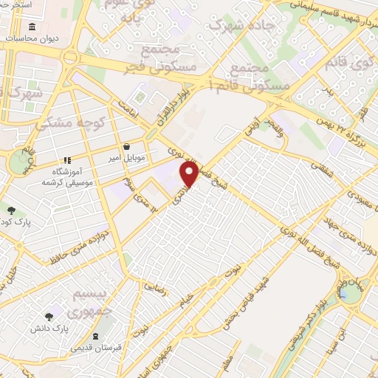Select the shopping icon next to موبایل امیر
[128, 146]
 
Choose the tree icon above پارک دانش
[49, 315]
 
